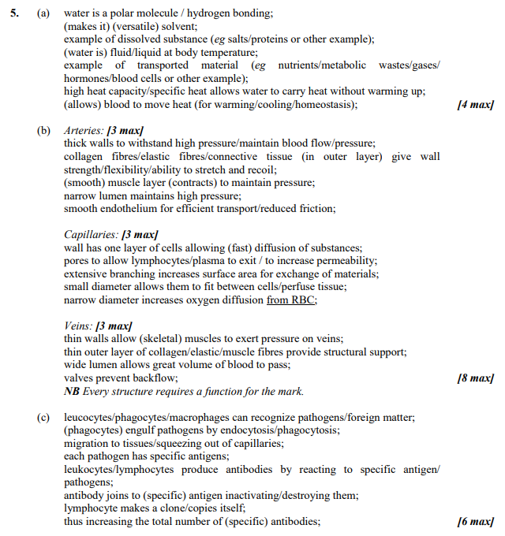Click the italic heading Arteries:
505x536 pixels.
point(84,130)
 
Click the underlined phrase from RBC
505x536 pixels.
point(291,300)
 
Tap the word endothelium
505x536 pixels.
point(129,208)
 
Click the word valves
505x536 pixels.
point(78,378)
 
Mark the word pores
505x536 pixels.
point(77,260)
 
